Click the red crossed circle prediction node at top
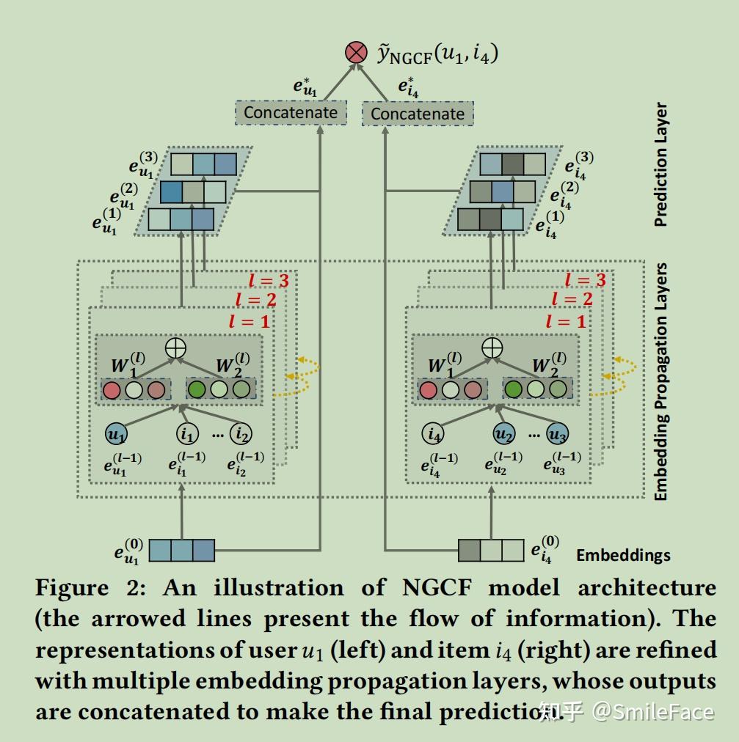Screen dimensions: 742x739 pos(356,52)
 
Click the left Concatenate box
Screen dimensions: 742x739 pos(290,112)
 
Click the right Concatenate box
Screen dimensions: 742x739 pos(418,114)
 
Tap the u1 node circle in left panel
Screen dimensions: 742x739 pos(116,434)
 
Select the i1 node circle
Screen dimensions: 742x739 pos(188,434)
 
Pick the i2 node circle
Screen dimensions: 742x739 pos(240,434)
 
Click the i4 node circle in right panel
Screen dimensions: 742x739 pos(433,434)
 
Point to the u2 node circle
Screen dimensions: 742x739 pos(504,434)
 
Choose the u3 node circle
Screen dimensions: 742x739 pos(557,434)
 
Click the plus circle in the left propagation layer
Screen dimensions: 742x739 pos(175,348)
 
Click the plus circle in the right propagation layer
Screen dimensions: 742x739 pos(492,348)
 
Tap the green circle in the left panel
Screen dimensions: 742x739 pos(197,389)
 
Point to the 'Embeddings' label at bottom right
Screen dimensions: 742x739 pos(623,555)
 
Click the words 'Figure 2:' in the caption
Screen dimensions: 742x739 pos(92,588)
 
